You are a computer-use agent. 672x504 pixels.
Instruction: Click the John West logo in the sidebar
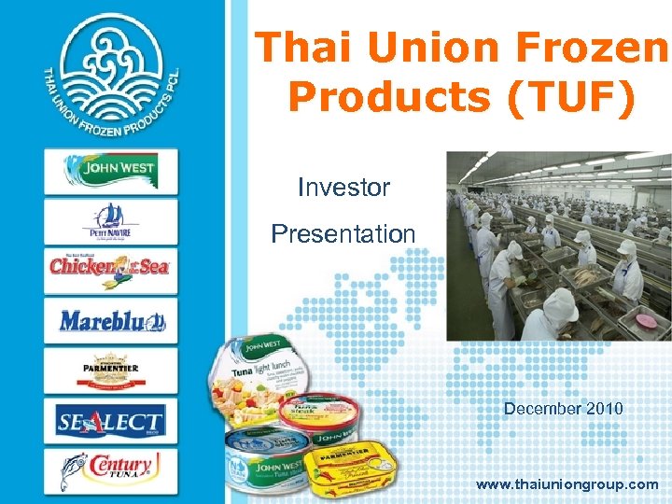[110, 171]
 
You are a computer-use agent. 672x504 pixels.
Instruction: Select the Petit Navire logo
[110, 221]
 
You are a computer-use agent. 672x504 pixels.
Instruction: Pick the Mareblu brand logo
[110, 321]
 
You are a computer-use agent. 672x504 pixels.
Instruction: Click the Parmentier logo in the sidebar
[110, 371]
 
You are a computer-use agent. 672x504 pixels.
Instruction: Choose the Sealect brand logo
[110, 421]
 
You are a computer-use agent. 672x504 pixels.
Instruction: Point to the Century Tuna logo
[110, 470]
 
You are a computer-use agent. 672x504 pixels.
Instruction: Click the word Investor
[343, 188]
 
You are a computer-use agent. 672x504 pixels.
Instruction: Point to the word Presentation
[343, 233]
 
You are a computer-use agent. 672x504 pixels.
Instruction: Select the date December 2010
[563, 408]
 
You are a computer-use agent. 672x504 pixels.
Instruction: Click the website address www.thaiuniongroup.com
[567, 484]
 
